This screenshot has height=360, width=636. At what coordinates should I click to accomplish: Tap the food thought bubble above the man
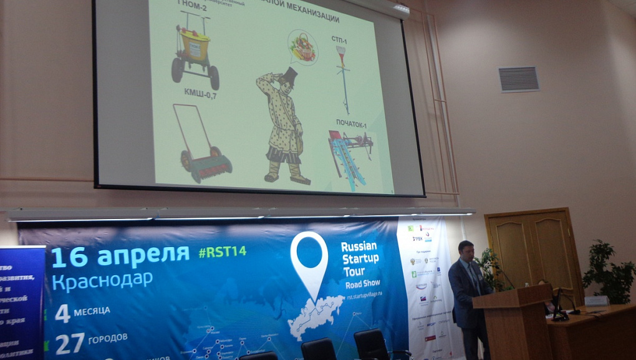point(302,48)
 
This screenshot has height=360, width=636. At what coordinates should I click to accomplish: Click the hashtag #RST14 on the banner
point(222,251)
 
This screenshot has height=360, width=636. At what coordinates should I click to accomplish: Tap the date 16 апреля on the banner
point(120,255)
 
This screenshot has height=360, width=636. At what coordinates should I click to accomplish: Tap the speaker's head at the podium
point(465,250)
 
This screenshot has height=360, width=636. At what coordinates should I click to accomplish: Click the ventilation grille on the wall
point(519,79)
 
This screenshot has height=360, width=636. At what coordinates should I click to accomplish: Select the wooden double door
point(535,250)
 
